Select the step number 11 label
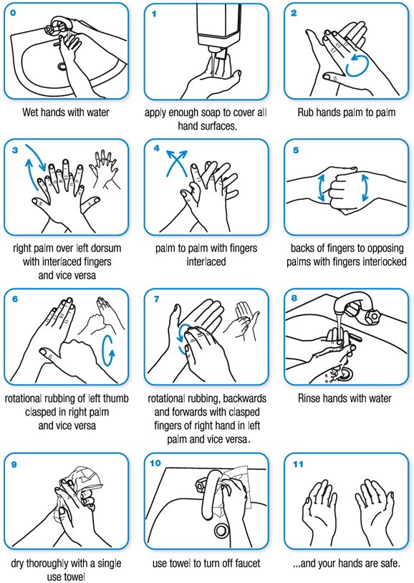pos(299,464)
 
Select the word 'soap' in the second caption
pos(216,112)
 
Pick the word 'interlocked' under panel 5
pos(382,261)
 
